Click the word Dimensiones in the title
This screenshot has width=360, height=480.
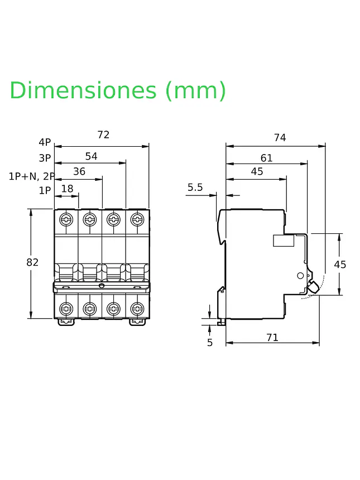(83, 90)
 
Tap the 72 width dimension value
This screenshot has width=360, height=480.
(103, 135)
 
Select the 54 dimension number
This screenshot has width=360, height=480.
(91, 156)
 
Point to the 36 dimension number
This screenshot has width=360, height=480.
(79, 171)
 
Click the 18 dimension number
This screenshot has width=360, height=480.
(68, 189)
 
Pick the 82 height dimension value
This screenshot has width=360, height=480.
(32, 262)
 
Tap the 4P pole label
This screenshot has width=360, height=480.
(45, 142)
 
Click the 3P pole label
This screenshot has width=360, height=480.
(45, 159)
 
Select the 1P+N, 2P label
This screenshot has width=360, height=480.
(32, 176)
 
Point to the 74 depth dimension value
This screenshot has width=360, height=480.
(280, 138)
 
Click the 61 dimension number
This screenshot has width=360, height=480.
(266, 158)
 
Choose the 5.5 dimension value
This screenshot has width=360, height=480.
(195, 188)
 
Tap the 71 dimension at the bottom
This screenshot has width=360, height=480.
(272, 337)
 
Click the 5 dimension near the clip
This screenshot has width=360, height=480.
(210, 343)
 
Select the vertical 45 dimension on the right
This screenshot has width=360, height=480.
(340, 265)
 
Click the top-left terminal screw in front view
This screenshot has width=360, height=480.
(66, 219)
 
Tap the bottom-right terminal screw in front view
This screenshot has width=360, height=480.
(137, 308)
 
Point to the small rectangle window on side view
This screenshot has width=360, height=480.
(284, 241)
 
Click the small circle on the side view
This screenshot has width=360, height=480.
(300, 276)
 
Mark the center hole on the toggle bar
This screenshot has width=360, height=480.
(102, 286)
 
